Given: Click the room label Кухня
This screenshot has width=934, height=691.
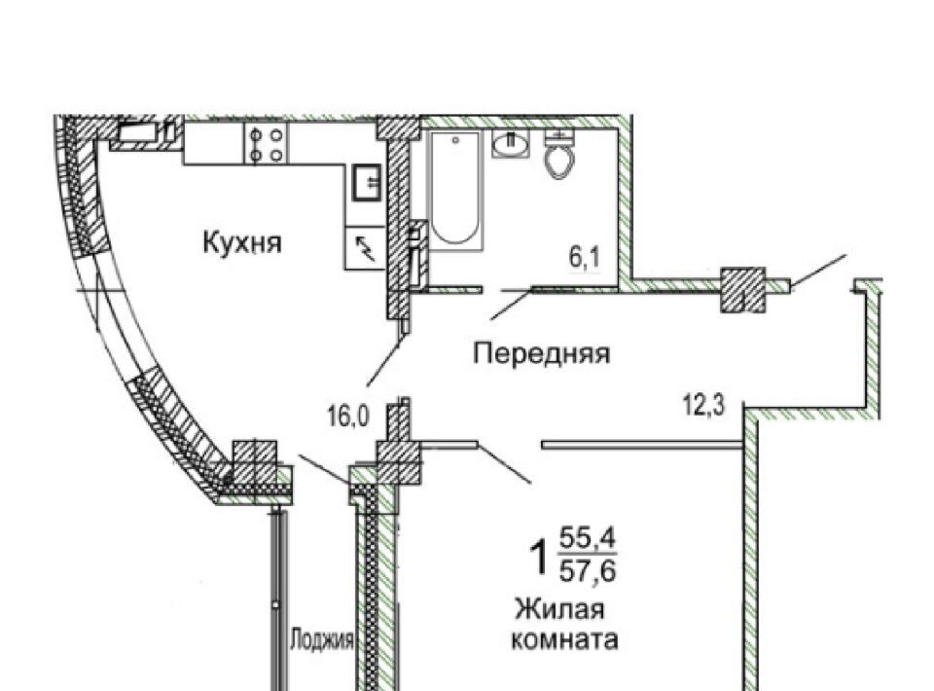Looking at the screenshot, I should click(242, 241).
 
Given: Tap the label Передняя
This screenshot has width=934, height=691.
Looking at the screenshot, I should click(541, 353).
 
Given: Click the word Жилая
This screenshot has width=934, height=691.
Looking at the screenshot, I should click(560, 610).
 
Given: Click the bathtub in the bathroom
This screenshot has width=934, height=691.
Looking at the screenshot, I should click(455, 190).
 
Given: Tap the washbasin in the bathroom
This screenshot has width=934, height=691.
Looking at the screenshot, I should click(511, 146).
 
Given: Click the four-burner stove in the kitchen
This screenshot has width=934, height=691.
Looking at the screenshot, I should click(267, 144).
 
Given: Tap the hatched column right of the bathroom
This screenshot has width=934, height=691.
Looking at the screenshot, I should click(742, 289).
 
